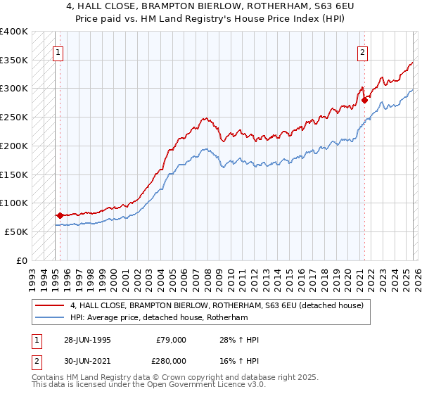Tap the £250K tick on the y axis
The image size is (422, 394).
[x=14, y=117]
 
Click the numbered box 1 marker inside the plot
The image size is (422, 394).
[x=57, y=51]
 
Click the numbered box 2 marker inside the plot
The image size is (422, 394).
[x=362, y=51]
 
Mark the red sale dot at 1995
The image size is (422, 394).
[x=60, y=215]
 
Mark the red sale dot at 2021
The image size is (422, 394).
[x=364, y=101]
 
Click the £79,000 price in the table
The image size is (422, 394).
[x=171, y=340]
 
